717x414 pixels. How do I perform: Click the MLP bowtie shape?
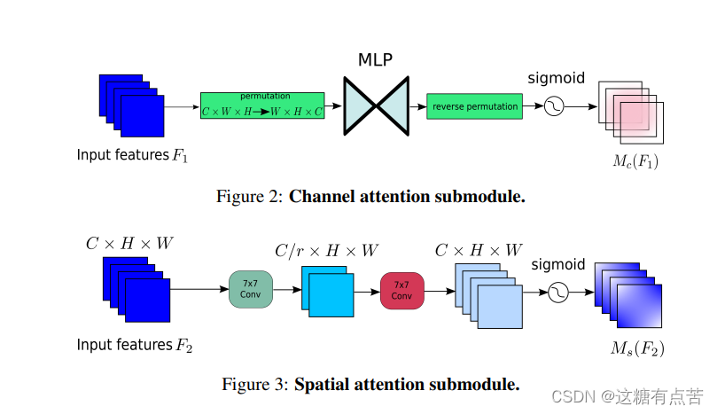click(x=377, y=106)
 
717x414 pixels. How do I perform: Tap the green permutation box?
click(x=262, y=106)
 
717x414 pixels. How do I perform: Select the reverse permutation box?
click(x=474, y=106)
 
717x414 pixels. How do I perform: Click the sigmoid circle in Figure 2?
click(x=555, y=106)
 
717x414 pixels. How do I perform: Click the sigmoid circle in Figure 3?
click(x=558, y=292)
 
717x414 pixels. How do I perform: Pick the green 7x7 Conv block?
click(x=251, y=290)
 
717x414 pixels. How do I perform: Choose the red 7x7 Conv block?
click(x=402, y=290)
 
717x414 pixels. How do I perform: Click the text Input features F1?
click(x=132, y=155)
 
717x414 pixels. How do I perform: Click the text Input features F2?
click(x=134, y=345)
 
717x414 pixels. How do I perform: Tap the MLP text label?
click(x=376, y=60)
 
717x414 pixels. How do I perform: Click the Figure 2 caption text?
click(x=370, y=197)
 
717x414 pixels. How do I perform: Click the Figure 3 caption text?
click(x=370, y=385)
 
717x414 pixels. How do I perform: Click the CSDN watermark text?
click(x=627, y=396)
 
